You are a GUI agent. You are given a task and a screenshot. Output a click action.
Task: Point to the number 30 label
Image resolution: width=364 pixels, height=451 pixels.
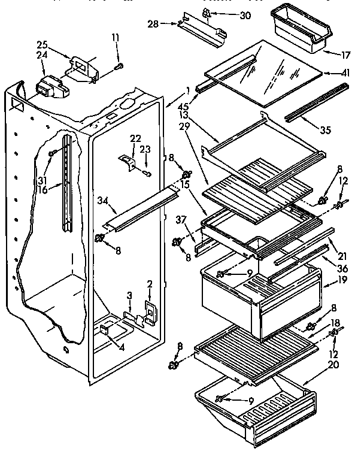[245, 16]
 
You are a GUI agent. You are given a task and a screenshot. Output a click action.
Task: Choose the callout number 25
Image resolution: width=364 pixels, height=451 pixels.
[42, 45]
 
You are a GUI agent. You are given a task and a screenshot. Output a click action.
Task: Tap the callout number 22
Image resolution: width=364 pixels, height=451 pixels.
[136, 138]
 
